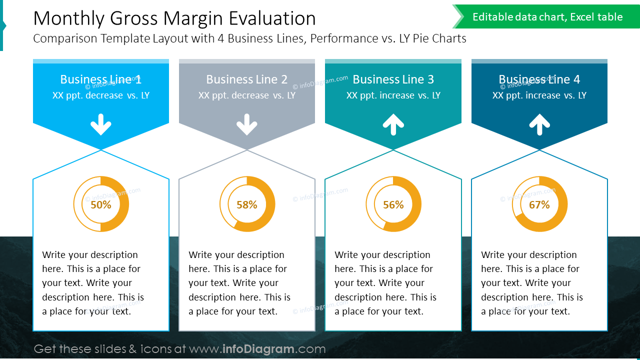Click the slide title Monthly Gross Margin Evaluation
[x=174, y=18]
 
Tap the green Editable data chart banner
[x=547, y=17]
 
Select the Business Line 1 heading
[x=100, y=79]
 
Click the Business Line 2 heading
[x=246, y=79]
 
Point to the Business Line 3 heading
[x=393, y=79]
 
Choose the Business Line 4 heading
[x=539, y=79]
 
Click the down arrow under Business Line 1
[x=101, y=124]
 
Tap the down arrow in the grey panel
[x=246, y=124]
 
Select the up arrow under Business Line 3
[x=393, y=124]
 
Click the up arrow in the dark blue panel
[x=539, y=124]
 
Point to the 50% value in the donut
[x=101, y=204]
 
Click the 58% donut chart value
[x=247, y=204]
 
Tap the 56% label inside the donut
[x=393, y=204]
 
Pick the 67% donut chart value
[x=539, y=204]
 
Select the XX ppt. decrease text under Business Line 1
[x=100, y=95]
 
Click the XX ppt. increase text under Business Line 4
[x=539, y=95]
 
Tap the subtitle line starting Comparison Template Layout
[x=249, y=38]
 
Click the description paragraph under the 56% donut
[x=385, y=283]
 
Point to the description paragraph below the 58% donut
[x=239, y=283]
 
